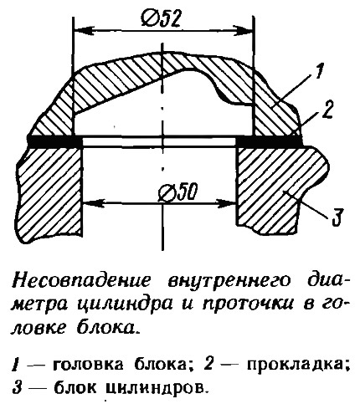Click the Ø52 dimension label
[160, 19]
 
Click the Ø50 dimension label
[177, 192]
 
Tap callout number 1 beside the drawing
[319, 71]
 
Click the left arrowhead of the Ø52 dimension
[83, 29]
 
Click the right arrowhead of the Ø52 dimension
[242, 30]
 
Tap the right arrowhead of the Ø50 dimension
[226, 203]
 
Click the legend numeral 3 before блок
[17, 387]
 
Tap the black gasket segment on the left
[55, 141]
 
